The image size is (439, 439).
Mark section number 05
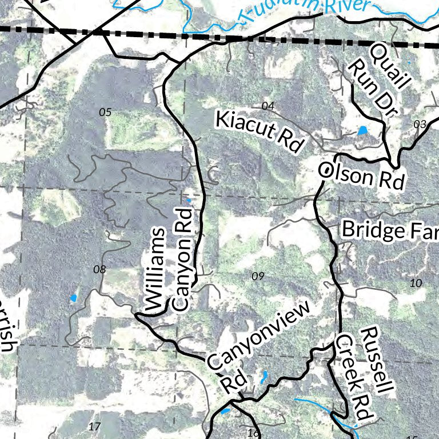tap(105, 112)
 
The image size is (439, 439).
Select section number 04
tap(268, 105)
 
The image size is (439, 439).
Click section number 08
tap(99, 269)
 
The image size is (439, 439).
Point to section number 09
tap(258, 277)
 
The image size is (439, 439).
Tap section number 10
tap(416, 282)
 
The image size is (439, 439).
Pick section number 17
tap(95, 426)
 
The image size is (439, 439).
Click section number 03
tap(420, 124)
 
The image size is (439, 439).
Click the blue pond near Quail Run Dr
tap(362, 131)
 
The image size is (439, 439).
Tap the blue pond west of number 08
tap(73, 298)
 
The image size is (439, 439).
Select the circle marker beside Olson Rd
tap(325, 170)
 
